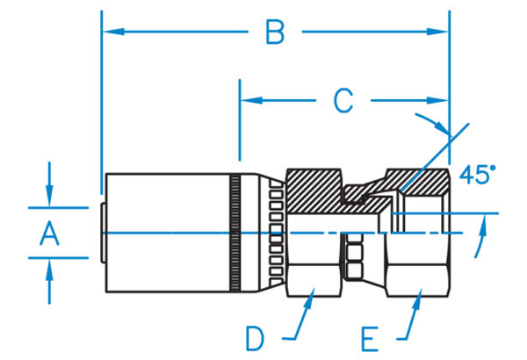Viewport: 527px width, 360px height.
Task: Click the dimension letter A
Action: point(49,233)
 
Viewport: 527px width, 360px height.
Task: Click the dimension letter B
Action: point(275,32)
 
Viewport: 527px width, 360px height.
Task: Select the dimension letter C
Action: point(343,100)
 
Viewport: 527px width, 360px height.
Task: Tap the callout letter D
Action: point(255,338)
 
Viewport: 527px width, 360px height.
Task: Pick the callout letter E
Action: point(370,339)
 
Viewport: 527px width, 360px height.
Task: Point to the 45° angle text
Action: point(477,174)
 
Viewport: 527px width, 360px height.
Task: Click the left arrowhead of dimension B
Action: point(113,32)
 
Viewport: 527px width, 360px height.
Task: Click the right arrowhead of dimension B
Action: point(437,32)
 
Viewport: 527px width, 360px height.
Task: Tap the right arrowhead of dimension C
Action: point(437,100)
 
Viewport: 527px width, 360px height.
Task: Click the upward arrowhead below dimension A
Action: point(50,270)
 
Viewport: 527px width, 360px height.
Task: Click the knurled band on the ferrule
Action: point(235,233)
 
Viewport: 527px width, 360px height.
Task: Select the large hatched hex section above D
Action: point(314,191)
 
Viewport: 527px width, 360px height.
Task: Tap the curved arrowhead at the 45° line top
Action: point(441,127)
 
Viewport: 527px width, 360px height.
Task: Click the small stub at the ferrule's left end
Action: point(103,233)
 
